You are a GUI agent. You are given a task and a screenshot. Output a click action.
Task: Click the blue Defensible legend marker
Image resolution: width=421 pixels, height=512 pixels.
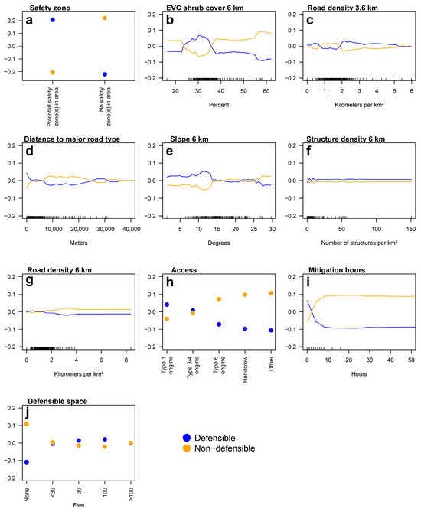186,437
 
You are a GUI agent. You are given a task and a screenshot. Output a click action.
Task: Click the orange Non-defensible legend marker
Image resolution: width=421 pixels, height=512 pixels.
186,448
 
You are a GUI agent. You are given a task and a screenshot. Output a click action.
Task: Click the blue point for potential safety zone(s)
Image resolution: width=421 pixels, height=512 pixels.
53,20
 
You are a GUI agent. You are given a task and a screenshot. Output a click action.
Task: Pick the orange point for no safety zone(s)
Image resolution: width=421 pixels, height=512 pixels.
105,18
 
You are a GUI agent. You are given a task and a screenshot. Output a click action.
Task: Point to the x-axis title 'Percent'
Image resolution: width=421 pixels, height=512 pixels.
220,111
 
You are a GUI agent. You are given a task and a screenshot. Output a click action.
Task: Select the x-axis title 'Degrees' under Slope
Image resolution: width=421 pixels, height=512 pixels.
220,244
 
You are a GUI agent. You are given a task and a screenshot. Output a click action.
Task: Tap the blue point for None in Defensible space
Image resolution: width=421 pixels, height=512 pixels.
27,462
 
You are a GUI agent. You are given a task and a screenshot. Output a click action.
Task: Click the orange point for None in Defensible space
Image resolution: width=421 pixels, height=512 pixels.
27,424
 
